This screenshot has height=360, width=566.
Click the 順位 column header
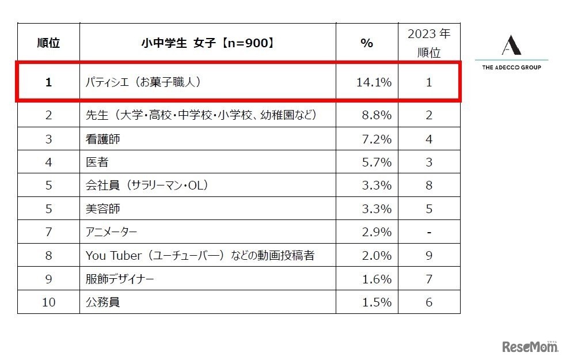(x=48, y=43)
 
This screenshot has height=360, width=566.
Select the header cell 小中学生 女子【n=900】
(x=207, y=43)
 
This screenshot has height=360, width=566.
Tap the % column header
(x=367, y=43)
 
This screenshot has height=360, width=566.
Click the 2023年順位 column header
(x=429, y=43)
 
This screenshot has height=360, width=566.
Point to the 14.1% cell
(x=374, y=82)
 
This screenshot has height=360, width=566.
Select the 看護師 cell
(x=103, y=139)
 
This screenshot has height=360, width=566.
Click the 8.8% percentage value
(x=377, y=115)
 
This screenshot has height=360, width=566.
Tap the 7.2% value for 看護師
(x=377, y=139)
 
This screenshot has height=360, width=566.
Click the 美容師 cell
(x=103, y=209)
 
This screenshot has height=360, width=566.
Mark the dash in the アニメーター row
(x=429, y=232)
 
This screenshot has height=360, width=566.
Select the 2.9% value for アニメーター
(x=377, y=232)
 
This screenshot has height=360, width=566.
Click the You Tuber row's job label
(x=200, y=255)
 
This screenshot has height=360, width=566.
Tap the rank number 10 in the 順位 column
(x=48, y=302)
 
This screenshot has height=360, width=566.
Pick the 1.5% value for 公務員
(x=377, y=302)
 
